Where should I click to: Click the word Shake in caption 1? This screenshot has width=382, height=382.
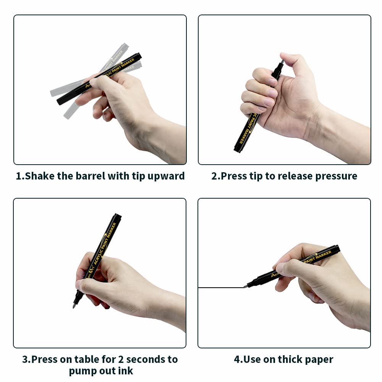click(x=39, y=176)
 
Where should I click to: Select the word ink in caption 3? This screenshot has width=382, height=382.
click(x=126, y=371)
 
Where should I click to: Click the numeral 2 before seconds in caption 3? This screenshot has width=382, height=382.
click(x=121, y=359)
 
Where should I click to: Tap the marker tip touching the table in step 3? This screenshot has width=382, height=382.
click(x=74, y=306)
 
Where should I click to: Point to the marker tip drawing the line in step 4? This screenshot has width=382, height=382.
click(x=244, y=286)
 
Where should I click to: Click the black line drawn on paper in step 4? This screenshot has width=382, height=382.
click(x=221, y=288)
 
